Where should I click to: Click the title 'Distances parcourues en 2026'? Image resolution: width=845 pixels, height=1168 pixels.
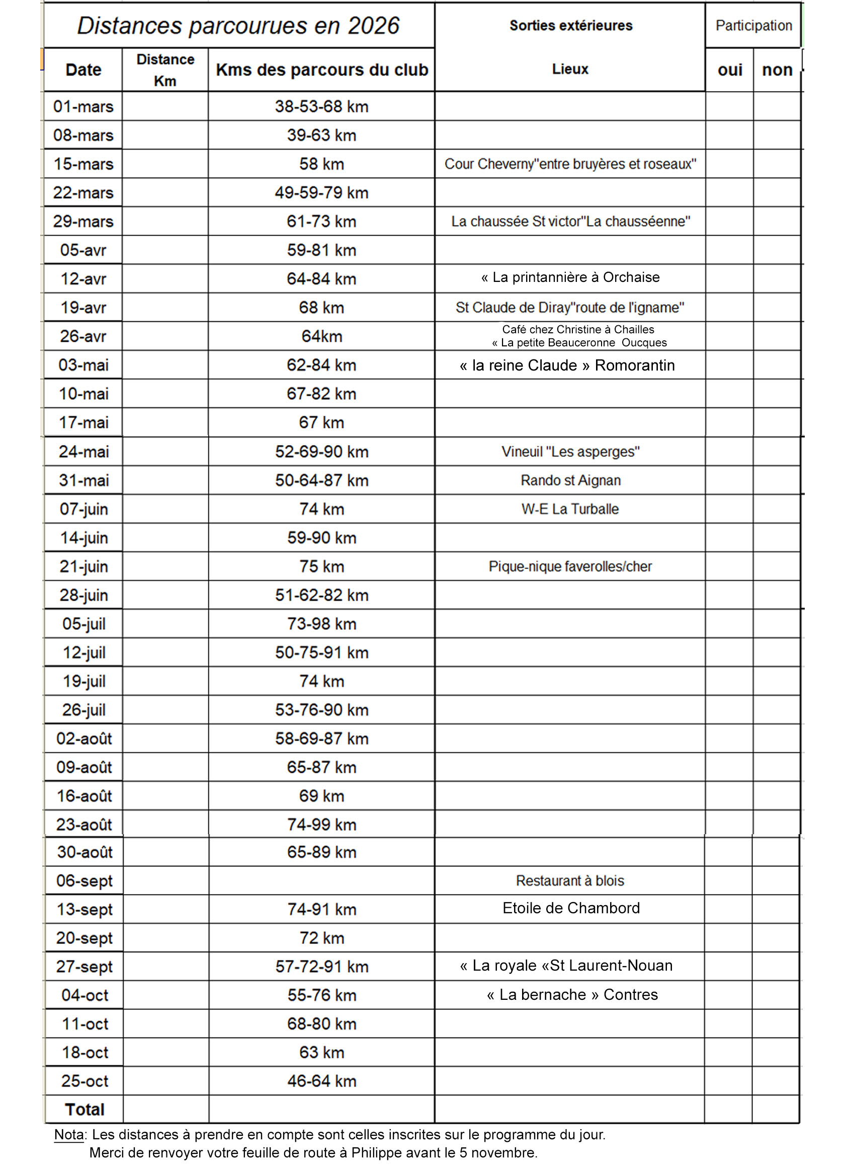(x=238, y=26)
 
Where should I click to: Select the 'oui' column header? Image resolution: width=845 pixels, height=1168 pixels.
(x=730, y=70)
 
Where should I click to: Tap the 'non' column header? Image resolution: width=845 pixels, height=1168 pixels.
(x=777, y=70)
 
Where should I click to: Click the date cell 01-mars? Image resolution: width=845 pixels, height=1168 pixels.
(x=83, y=107)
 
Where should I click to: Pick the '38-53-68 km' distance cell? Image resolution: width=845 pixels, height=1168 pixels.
(x=321, y=107)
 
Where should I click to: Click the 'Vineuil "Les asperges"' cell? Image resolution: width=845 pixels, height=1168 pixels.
(x=570, y=452)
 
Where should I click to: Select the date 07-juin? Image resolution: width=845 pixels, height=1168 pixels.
(x=84, y=509)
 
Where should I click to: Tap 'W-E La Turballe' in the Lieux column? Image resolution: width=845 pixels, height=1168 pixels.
(x=570, y=509)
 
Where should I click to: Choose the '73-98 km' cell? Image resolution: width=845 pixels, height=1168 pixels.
(x=321, y=624)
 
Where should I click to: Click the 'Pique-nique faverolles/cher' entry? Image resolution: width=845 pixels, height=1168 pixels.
(x=570, y=566)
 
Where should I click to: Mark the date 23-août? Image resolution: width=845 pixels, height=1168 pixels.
(x=84, y=825)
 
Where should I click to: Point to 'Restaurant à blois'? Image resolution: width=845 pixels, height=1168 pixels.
(x=570, y=881)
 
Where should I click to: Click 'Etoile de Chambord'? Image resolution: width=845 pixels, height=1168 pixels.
(x=571, y=908)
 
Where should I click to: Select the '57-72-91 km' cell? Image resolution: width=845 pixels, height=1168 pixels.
(x=321, y=967)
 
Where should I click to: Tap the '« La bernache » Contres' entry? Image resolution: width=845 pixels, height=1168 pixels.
(x=572, y=994)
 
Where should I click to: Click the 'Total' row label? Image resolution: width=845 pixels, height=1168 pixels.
(x=84, y=1109)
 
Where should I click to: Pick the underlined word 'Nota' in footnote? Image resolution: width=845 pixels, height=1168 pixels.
(x=69, y=1135)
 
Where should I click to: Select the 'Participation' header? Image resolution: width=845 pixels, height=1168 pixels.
(x=753, y=26)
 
